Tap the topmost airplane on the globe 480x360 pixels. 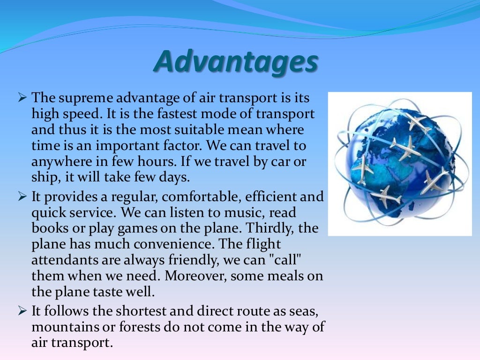pos(418,121)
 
